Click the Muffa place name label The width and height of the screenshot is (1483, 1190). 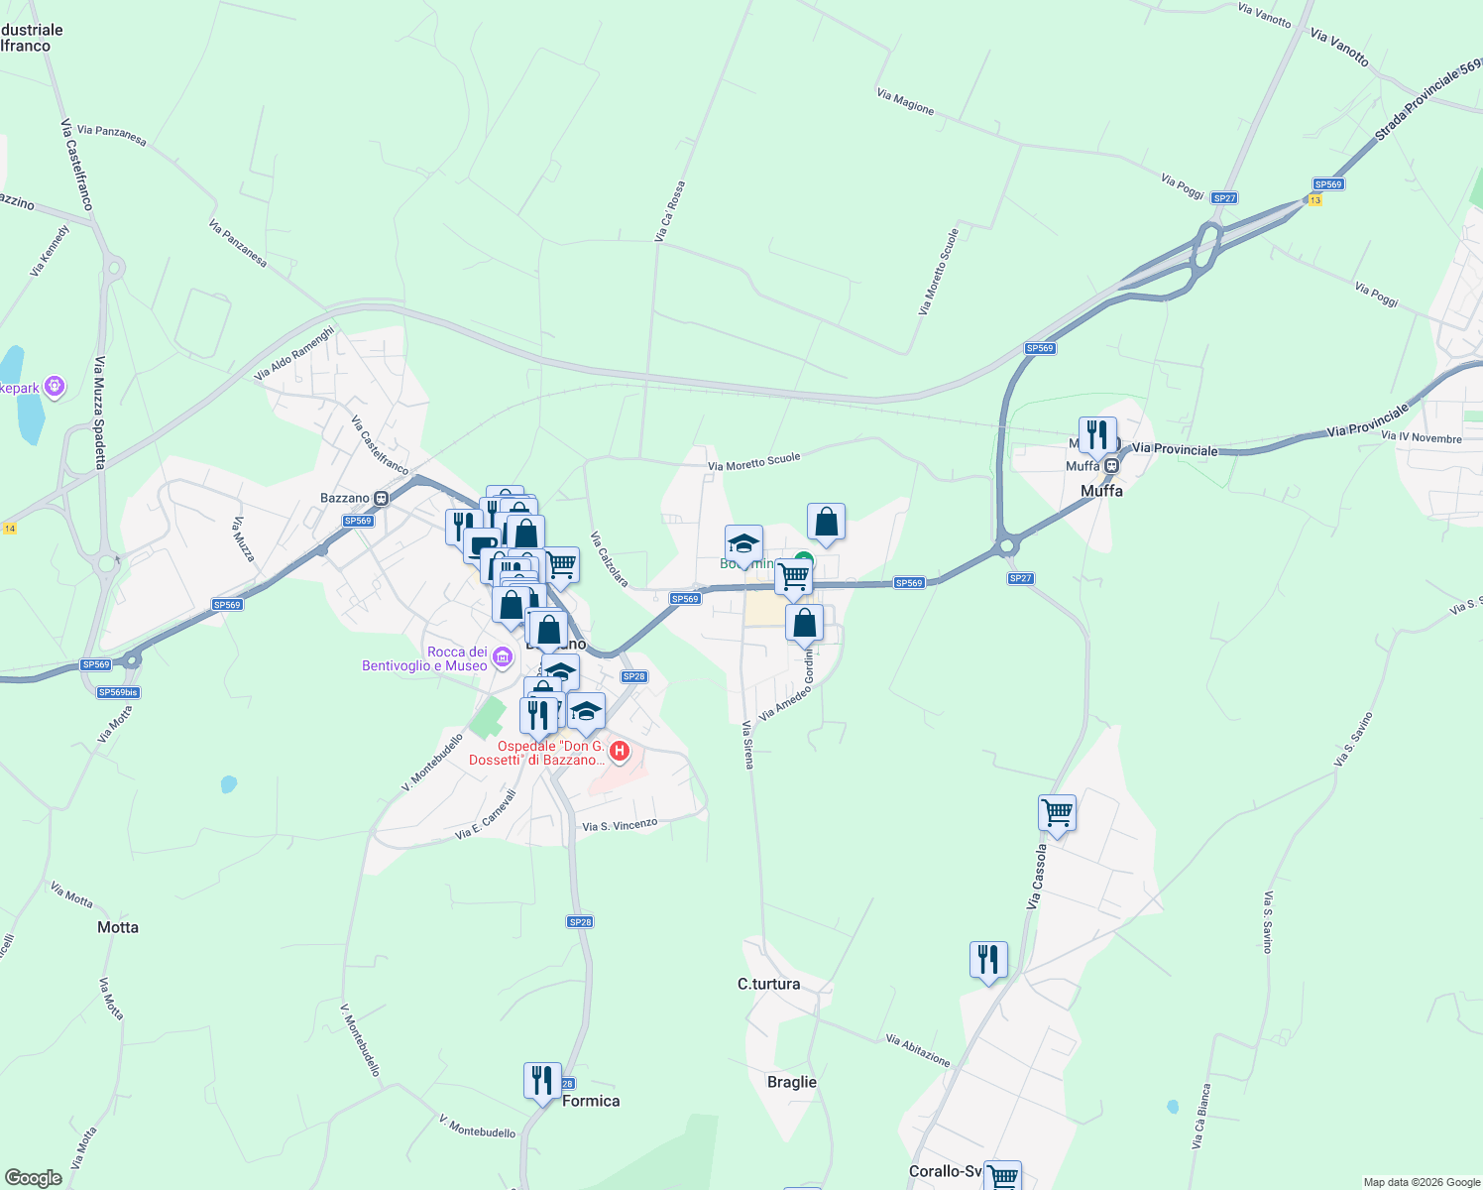[x=1101, y=491]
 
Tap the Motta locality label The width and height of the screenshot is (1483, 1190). [x=118, y=927]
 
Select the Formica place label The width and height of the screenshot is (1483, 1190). [x=591, y=1101]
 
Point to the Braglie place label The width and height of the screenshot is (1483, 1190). [x=792, y=1082]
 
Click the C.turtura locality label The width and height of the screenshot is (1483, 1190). [x=768, y=984]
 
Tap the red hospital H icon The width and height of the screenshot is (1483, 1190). [x=620, y=751]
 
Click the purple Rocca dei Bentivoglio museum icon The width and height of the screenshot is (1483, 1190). [x=503, y=655]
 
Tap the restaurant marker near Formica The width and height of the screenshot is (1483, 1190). [x=541, y=1081]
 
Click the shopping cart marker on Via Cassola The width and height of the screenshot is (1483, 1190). [x=1057, y=813]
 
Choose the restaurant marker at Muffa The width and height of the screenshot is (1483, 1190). [x=1096, y=435]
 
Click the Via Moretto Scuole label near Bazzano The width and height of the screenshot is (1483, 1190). [x=753, y=461]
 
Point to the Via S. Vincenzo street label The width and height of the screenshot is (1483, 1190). [x=620, y=825]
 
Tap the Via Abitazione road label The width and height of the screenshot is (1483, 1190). [x=918, y=1050]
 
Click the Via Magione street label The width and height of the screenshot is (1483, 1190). [x=905, y=101]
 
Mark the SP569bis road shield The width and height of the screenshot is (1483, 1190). [x=118, y=692]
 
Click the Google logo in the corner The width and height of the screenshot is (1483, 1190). [x=33, y=1177]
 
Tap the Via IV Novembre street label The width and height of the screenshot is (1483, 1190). [x=1421, y=437]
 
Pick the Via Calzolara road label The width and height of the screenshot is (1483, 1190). [x=608, y=559]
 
